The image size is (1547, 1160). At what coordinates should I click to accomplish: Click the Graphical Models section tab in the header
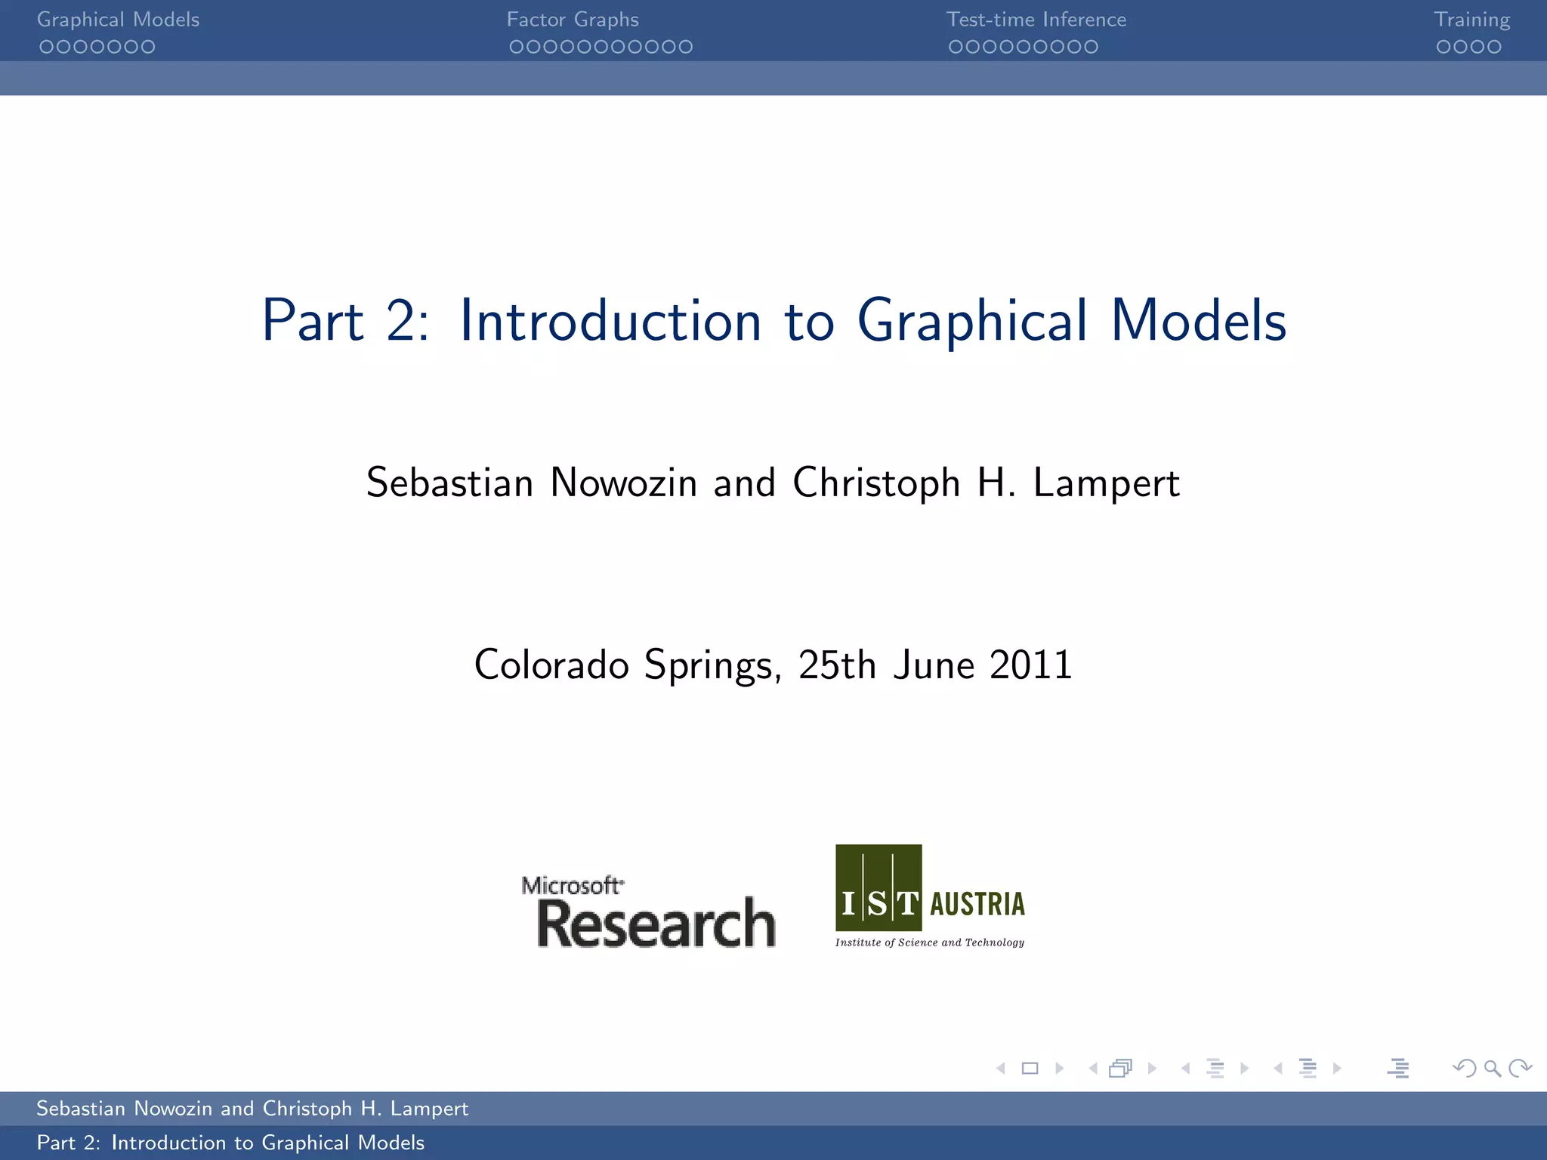118,20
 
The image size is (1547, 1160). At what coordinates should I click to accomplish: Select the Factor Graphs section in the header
573,20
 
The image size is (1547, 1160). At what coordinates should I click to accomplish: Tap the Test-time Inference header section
1036,20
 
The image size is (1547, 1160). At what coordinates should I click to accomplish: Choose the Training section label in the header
1471,20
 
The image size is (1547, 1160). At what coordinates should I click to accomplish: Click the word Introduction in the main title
610,321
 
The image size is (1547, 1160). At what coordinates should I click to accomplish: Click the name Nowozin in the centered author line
623,483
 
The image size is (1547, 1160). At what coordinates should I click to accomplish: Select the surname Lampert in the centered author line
1106,483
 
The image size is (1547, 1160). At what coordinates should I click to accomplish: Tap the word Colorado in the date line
551,665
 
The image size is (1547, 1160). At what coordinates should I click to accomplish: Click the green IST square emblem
878,887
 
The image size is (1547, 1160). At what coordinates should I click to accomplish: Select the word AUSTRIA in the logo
977,904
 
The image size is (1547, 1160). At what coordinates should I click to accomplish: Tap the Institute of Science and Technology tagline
929,942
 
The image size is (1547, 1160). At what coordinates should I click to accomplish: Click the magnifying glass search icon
1492,1068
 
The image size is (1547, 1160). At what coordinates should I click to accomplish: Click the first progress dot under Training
1444,47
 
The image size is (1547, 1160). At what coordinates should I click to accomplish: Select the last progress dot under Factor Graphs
685,47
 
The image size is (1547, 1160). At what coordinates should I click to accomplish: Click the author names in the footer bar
252,1108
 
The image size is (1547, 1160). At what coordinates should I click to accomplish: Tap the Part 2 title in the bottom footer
230,1143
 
